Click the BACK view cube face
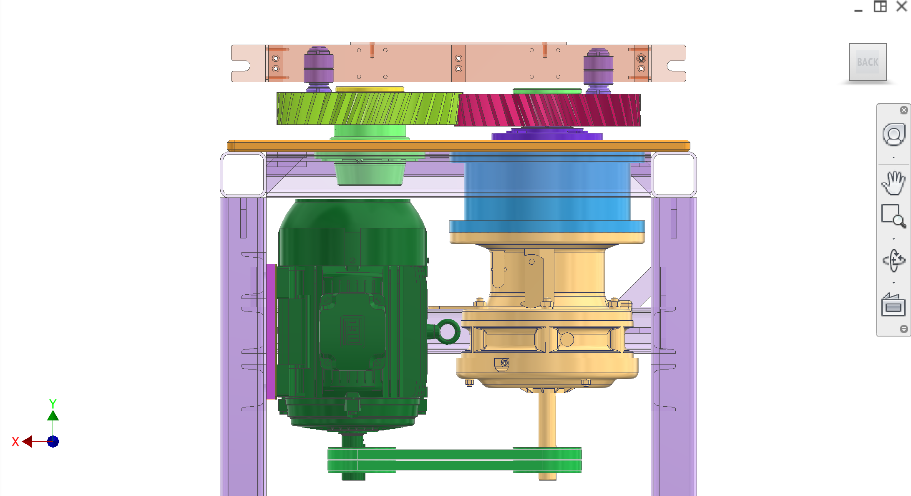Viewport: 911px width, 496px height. pos(868,62)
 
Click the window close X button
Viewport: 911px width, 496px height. pos(901,6)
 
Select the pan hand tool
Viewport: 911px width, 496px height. pos(893,182)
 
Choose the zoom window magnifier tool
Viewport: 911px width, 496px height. pos(893,216)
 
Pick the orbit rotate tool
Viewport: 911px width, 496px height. pos(893,261)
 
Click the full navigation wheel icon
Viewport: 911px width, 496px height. pos(893,134)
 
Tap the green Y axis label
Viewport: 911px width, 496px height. pos(53,403)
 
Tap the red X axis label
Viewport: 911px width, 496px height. pos(15,442)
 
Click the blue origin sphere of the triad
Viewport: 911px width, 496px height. pos(53,441)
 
